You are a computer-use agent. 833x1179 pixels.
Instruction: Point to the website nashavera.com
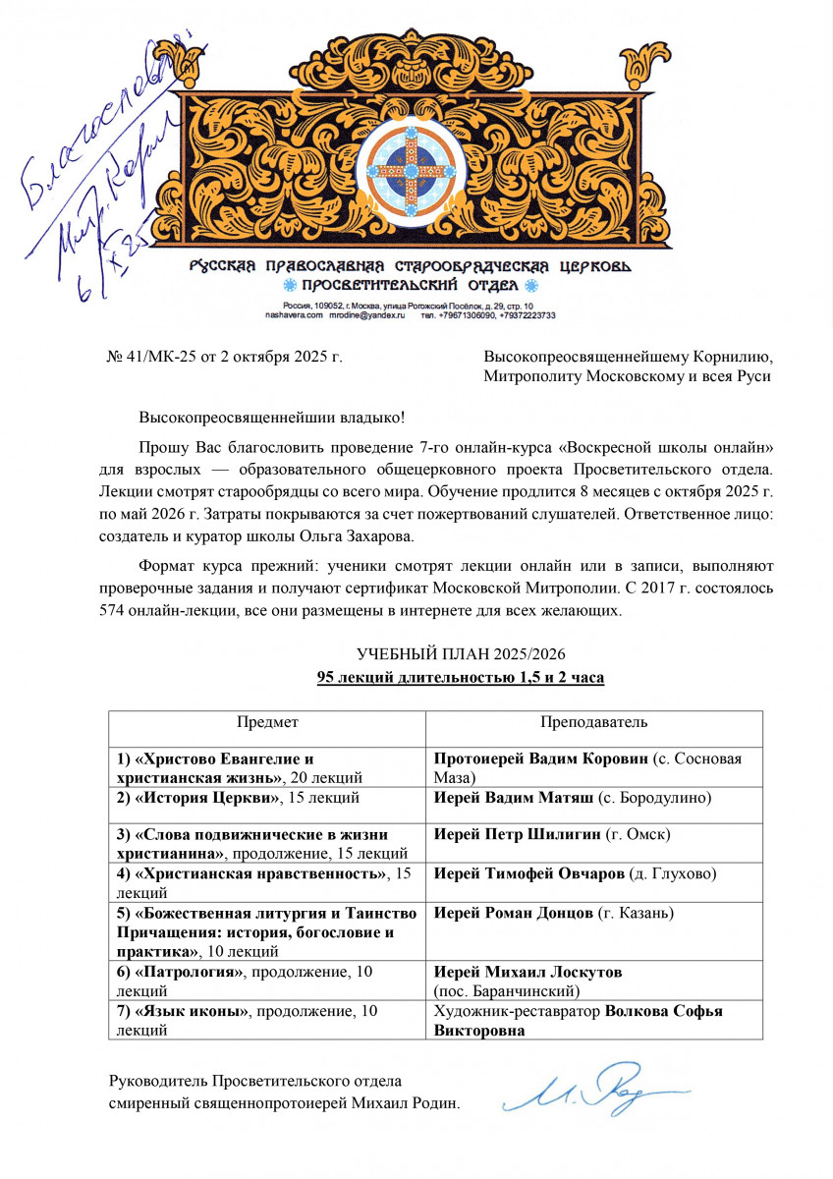[x=295, y=315]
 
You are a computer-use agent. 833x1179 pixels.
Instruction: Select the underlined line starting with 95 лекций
[x=460, y=678]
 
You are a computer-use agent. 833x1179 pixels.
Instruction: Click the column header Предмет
[x=267, y=722]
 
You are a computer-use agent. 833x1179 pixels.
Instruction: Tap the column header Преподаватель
[x=593, y=722]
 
